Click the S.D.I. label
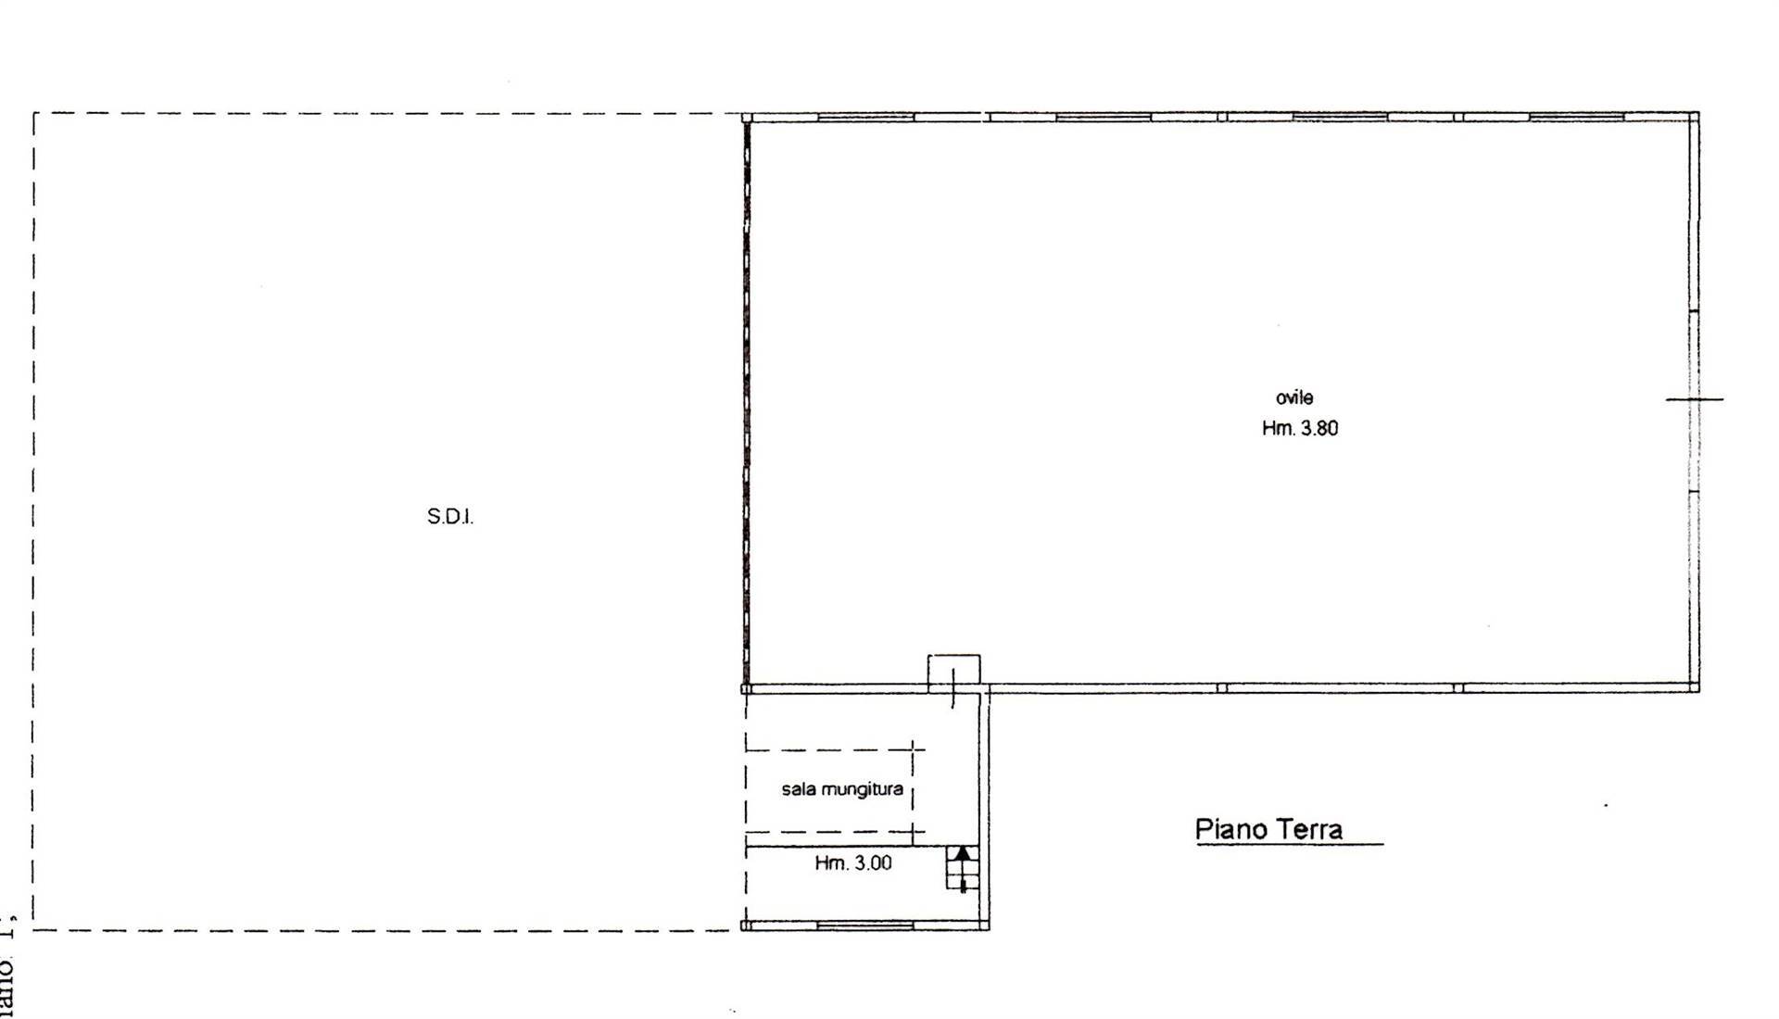[450, 517]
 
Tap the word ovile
[1294, 398]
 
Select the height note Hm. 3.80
[1300, 428]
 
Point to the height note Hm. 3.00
[853, 863]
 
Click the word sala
[798, 790]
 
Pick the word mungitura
[860, 790]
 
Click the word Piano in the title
[1230, 828]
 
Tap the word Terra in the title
[1308, 828]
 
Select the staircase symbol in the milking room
[962, 868]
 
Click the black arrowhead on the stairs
[963, 853]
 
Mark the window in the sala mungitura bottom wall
[864, 925]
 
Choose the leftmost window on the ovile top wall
[866, 118]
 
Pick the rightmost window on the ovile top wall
[1576, 118]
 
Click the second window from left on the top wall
[1103, 118]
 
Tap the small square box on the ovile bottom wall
[954, 671]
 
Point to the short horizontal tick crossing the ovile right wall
[1695, 399]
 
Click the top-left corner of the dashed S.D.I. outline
[34, 114]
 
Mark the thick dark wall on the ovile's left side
[746, 403]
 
